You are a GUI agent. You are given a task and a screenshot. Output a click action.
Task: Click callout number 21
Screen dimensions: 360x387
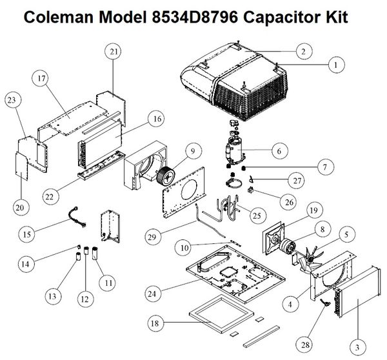point(114,52)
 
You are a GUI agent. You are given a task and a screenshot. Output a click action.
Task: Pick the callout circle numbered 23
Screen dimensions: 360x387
point(14,100)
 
